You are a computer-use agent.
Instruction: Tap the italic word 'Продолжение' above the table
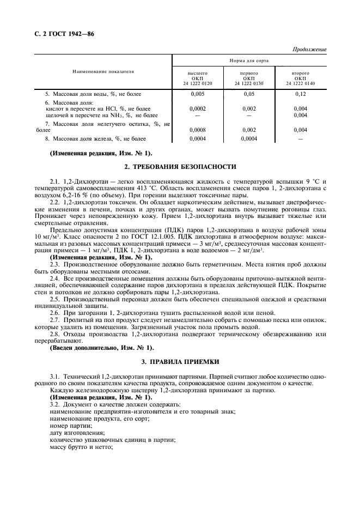(x=309, y=50)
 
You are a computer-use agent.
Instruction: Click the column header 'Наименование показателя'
(x=103, y=71)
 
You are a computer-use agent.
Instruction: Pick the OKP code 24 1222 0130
(x=249, y=83)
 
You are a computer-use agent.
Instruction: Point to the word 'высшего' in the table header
(x=198, y=72)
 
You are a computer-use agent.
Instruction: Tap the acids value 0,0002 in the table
(x=198, y=108)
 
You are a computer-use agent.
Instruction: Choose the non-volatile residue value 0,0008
(x=198, y=130)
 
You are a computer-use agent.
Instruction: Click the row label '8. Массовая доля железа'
(x=95, y=139)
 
